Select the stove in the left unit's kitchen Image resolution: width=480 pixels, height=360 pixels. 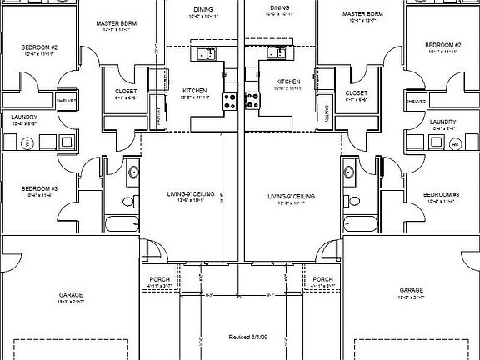coord(228,102)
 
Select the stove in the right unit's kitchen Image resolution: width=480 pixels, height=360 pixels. coord(251,102)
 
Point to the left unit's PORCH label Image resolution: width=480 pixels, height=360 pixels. coord(159,279)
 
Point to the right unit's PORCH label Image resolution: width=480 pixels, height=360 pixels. coord(322,279)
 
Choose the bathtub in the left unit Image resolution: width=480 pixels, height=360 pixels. coord(122,223)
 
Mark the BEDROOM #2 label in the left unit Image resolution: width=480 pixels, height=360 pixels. coord(38,47)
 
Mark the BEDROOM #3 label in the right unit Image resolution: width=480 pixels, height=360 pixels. coord(442,194)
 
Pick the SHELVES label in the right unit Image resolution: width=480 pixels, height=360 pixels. coord(417,102)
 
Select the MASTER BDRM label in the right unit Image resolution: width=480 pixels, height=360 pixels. coord(362,14)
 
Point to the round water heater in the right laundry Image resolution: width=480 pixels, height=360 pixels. coord(456,143)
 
